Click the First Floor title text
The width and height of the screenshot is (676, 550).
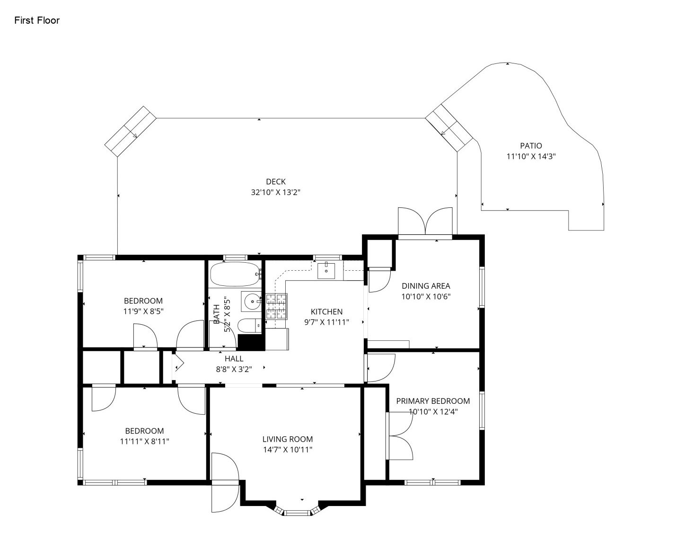37,20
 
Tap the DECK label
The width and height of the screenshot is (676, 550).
275,182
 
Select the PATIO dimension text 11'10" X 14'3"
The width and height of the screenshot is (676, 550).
531,156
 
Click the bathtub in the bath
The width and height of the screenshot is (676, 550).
235,275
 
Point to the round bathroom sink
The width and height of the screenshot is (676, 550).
252,301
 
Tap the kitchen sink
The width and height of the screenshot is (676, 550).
326,271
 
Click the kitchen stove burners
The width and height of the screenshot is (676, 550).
276,306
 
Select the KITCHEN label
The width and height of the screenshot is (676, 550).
326,311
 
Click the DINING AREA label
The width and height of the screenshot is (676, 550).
426,286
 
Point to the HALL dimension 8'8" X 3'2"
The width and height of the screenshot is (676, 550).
234,369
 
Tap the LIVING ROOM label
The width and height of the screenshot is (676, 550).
288,439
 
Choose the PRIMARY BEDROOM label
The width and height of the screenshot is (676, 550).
433,401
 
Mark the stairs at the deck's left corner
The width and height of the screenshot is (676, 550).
131,131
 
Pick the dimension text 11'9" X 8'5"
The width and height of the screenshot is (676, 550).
143,311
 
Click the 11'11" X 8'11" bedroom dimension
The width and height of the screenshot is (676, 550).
144,441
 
